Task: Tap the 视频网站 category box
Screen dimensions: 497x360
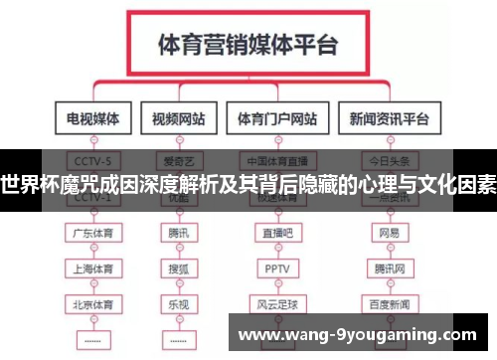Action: pos(179,119)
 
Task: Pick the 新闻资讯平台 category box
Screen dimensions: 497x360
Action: pos(390,119)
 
